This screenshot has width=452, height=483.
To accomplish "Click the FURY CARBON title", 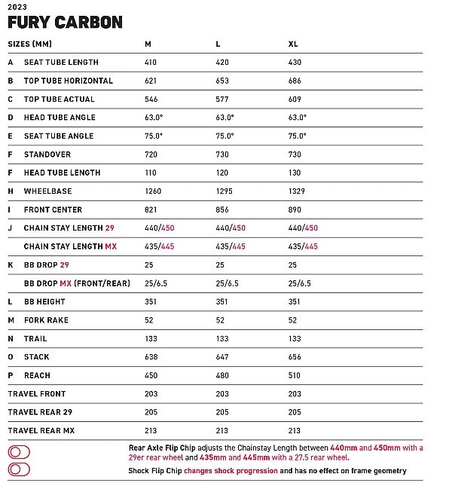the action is [65, 22].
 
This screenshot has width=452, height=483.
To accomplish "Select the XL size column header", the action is [293, 44].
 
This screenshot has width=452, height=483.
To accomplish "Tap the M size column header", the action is [148, 44].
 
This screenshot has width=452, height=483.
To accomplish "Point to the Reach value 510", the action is [295, 375].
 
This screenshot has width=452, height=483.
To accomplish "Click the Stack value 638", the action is [151, 357].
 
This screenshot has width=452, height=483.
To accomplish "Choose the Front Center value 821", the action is [151, 209].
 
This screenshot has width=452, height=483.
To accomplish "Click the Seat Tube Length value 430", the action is [295, 63].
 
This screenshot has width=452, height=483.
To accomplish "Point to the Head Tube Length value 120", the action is [222, 173].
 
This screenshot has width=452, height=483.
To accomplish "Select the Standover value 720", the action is [151, 154].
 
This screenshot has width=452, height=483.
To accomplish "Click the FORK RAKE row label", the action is [46, 320].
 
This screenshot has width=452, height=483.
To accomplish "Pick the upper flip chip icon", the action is [19, 452].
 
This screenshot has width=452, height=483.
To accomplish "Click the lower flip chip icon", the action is [19, 469].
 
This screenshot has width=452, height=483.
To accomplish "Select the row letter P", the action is [11, 375].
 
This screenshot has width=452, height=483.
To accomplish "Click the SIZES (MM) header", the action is [30, 44].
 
